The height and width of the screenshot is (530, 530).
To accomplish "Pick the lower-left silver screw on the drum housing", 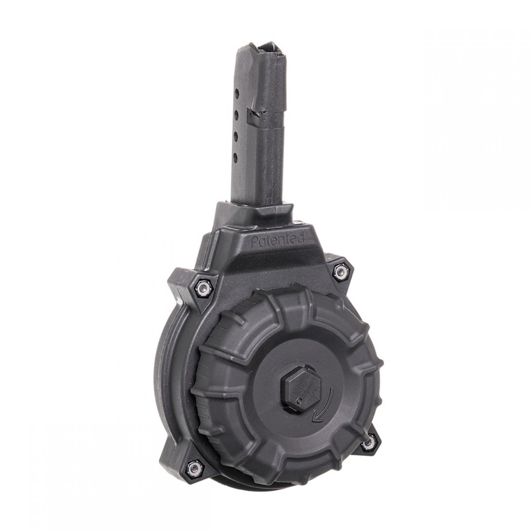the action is click(x=194, y=467).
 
